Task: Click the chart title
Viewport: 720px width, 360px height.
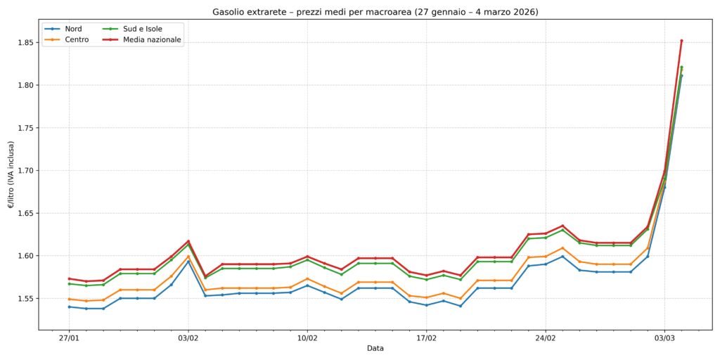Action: pos(375,12)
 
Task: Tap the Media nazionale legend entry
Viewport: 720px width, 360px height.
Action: pos(152,40)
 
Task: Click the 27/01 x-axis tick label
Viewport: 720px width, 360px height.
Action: pos(69,337)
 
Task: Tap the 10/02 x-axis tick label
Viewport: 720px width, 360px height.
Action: pos(307,337)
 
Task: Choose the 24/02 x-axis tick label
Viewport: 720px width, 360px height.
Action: pos(546,337)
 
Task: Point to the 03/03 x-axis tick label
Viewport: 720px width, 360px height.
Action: pos(664,337)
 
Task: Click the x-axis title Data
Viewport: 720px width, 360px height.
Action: pos(375,348)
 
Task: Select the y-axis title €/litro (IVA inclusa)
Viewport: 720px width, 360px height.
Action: pos(11,174)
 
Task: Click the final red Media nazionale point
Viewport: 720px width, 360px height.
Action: pos(681,41)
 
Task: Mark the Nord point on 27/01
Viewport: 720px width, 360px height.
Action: pos(69,307)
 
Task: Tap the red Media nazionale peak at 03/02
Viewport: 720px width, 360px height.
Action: pos(188,241)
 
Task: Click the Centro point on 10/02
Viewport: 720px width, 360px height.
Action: pos(307,278)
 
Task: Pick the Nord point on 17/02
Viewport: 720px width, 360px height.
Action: pos(426,305)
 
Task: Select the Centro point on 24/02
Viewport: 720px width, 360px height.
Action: pos(546,257)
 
